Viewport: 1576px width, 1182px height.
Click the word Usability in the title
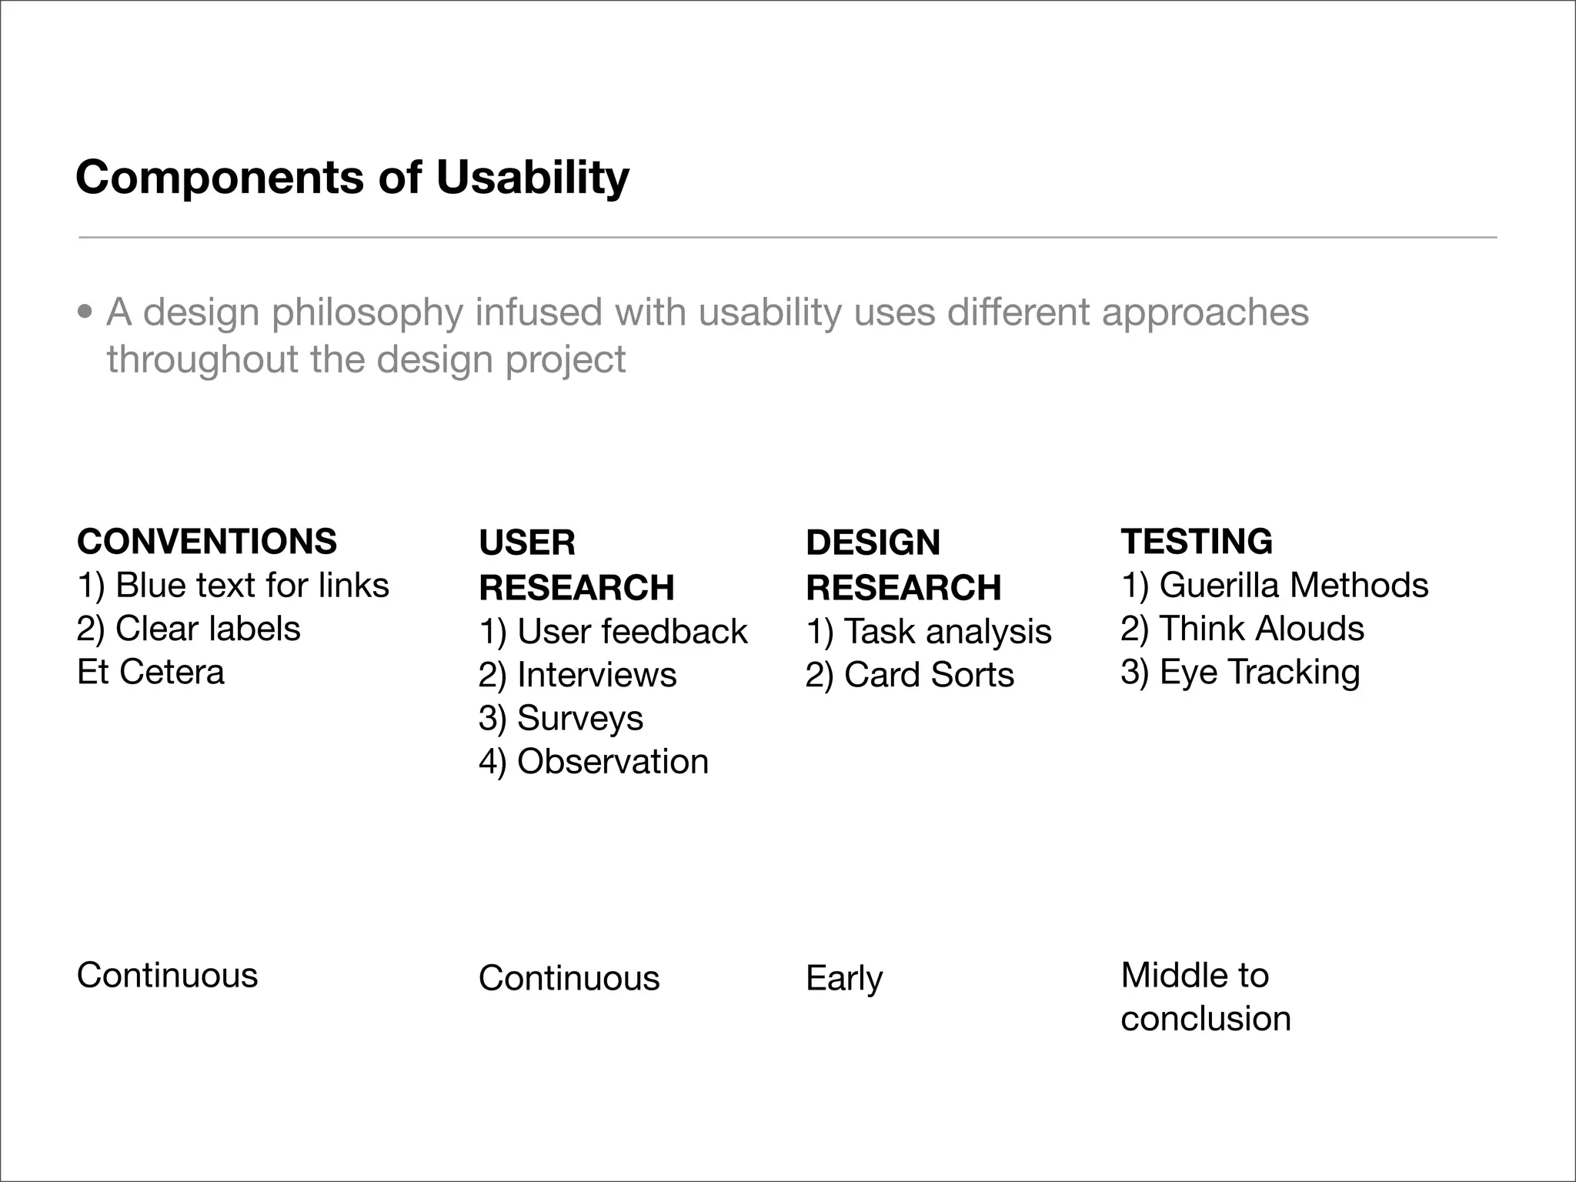click(x=533, y=178)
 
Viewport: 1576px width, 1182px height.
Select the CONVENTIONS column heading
click(x=206, y=541)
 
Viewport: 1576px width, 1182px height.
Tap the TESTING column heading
click(x=1197, y=541)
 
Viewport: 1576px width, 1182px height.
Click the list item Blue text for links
click(x=233, y=586)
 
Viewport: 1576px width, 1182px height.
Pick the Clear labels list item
click(x=189, y=629)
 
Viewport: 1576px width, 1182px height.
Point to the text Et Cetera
click(x=151, y=672)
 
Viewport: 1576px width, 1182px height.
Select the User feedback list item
click(x=613, y=632)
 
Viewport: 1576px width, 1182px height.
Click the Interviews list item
click(x=577, y=675)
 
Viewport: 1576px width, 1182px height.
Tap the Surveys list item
click(x=560, y=718)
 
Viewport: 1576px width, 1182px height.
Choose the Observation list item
click(x=593, y=762)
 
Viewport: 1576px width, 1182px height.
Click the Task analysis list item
click(x=929, y=632)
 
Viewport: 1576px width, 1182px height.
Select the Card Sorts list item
click(x=910, y=675)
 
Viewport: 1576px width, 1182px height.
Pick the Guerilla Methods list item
click(x=1274, y=586)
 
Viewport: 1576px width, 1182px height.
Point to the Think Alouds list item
click(x=1242, y=629)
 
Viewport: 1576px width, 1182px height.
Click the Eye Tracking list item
click(x=1240, y=672)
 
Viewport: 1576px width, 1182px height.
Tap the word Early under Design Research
click(x=844, y=979)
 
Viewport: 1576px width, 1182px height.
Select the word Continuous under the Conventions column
click(x=167, y=975)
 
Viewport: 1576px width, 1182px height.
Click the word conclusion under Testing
click(x=1205, y=1019)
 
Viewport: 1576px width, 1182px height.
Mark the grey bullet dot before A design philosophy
click(x=85, y=312)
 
